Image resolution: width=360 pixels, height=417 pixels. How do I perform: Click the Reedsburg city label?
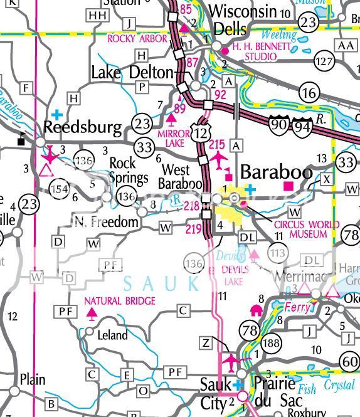[82, 128]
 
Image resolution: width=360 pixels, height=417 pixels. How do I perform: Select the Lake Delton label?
[132, 73]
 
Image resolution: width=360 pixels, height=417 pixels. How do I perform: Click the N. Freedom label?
[105, 221]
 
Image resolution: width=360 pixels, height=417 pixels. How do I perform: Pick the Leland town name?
[113, 335]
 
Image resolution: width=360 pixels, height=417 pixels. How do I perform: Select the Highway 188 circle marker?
[272, 342]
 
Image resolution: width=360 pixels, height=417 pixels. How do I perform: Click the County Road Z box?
[206, 342]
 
